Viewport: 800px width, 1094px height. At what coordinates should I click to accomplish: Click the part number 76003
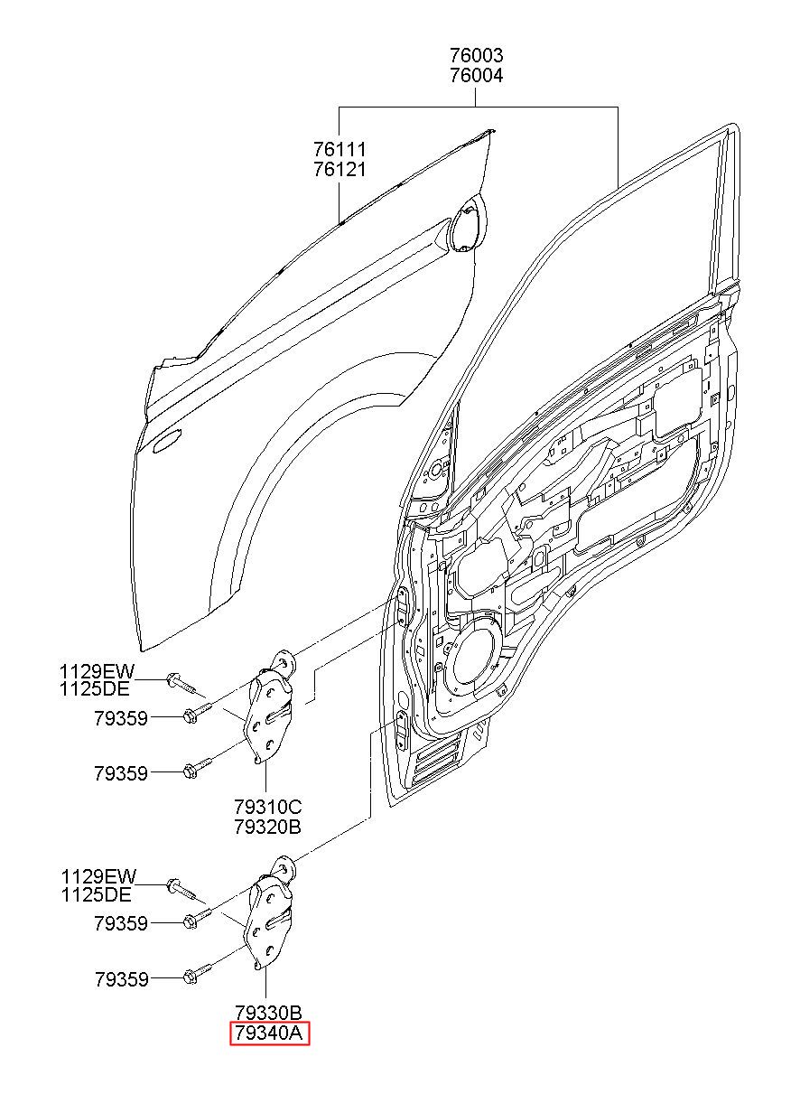(476, 55)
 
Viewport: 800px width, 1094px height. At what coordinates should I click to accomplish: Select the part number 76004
(476, 76)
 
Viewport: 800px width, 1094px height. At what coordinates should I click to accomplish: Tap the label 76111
(340, 149)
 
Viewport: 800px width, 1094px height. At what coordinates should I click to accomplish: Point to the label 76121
(340, 170)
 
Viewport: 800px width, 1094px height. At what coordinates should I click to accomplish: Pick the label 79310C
(267, 806)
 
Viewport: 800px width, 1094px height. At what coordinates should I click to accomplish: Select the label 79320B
(267, 827)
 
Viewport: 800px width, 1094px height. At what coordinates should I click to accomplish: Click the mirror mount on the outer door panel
(468, 224)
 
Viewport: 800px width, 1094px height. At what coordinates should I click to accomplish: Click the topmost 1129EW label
(97, 671)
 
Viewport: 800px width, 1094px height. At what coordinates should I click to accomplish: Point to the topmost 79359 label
(121, 718)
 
